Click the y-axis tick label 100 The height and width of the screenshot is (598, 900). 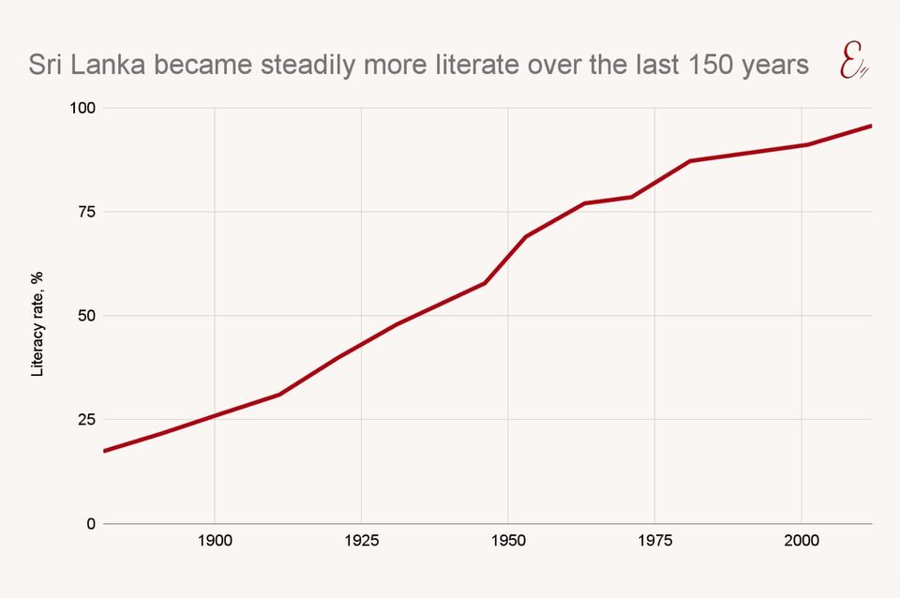tap(82, 108)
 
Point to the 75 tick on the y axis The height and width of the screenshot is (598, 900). tap(86, 212)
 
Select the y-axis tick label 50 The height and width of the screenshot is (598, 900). tap(86, 316)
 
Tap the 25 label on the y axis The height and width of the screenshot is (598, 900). tap(86, 420)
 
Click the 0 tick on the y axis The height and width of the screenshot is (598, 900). tap(91, 524)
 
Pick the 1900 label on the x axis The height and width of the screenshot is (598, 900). tap(215, 541)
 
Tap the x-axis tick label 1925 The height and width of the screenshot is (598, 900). tap(361, 541)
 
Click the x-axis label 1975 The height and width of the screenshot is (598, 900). tap(654, 541)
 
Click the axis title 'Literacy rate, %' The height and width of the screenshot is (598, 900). tap(37, 324)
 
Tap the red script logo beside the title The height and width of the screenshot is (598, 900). tap(851, 65)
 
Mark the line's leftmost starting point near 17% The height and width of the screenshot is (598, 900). tap(104, 451)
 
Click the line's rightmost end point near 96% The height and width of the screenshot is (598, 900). tap(871, 126)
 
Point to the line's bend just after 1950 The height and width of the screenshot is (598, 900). tap(525, 236)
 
